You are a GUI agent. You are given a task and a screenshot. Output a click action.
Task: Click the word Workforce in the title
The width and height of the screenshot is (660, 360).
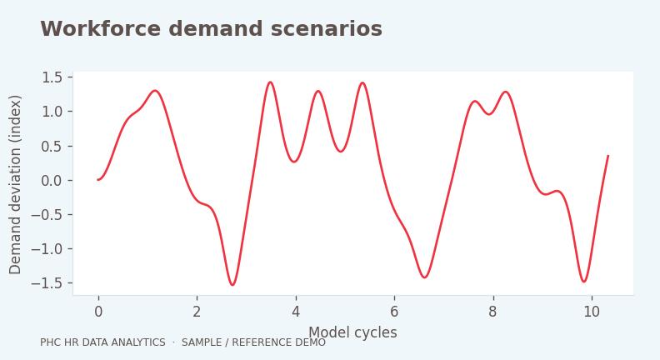pos(100,29)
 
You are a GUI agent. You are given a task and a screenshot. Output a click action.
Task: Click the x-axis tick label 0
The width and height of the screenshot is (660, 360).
pos(98,312)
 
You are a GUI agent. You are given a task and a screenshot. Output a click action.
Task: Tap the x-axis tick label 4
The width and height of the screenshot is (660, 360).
pos(296,312)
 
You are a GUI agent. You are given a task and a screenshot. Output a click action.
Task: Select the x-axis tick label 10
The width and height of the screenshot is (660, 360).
pos(592,312)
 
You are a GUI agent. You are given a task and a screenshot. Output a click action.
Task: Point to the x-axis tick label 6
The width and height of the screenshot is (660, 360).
pos(394,312)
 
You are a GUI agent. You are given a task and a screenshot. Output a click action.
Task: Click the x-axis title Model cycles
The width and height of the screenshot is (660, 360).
pos(352,332)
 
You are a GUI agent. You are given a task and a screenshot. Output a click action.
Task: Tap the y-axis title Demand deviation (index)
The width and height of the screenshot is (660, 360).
pos(15,184)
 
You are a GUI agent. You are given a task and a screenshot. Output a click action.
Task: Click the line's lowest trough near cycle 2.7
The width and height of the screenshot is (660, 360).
pos(232,285)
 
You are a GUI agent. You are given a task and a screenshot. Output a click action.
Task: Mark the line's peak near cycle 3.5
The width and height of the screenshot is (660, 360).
pos(270,82)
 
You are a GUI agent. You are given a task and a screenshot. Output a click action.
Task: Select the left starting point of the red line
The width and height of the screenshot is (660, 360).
pos(98,180)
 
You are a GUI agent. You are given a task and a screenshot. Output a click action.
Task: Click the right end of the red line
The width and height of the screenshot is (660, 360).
pos(608,156)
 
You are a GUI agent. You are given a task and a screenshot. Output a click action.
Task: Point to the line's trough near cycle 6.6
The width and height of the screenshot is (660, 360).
pos(424,277)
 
